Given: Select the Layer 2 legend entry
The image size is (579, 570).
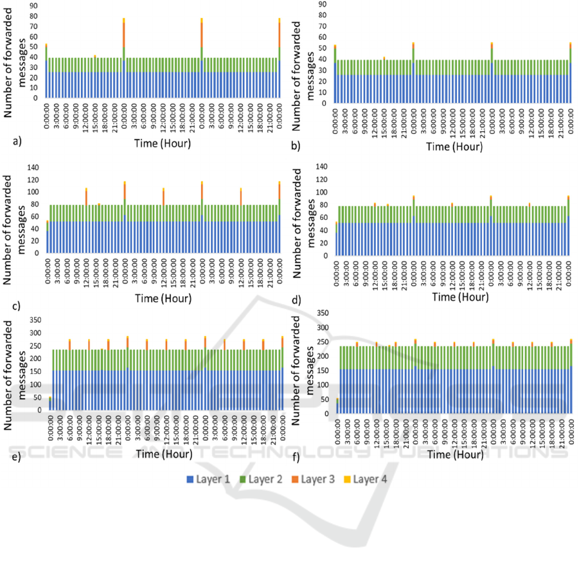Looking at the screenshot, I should (265, 479).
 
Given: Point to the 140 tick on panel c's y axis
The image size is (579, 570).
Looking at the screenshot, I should (32, 166).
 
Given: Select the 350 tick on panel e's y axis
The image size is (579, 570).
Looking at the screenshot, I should (32, 319).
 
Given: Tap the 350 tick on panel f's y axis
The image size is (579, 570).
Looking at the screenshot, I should (321, 313).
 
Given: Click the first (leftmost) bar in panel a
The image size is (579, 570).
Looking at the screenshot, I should (46, 71).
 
